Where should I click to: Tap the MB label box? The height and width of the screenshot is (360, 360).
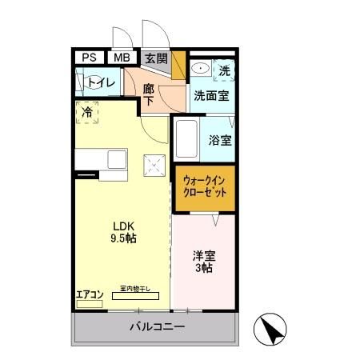(x=122, y=58)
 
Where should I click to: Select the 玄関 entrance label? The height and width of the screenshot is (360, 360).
(x=156, y=58)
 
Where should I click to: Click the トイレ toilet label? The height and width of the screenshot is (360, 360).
(x=101, y=82)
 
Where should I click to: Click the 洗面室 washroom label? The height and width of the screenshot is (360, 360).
(x=211, y=94)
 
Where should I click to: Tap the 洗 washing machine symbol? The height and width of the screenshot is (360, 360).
(x=225, y=70)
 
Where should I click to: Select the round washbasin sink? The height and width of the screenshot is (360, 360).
(x=200, y=70)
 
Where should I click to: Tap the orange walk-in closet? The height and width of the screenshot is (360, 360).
(x=204, y=187)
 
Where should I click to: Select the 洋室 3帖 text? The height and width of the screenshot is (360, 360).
(x=202, y=262)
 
